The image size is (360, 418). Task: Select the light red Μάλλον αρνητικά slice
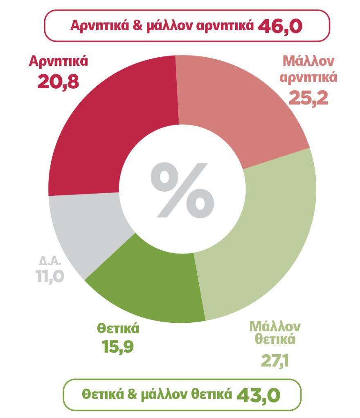[x=241, y=106]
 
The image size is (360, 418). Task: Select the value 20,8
[x=58, y=81]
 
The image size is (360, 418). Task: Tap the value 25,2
[x=308, y=96]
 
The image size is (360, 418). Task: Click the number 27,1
[x=275, y=361]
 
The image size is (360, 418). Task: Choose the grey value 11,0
[x=49, y=277]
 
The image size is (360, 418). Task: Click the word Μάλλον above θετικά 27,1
[x=275, y=326]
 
